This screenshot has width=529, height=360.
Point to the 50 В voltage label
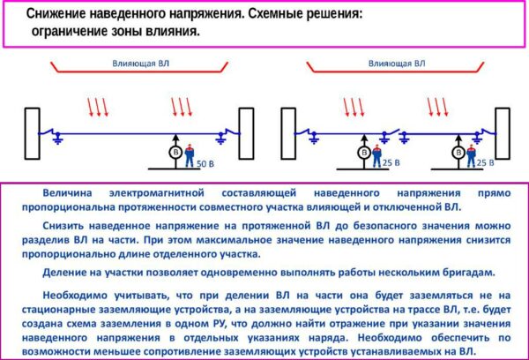[x=205, y=164]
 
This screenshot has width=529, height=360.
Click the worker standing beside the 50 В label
[x=189, y=151]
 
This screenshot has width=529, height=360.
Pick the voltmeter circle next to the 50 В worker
[x=173, y=153]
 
